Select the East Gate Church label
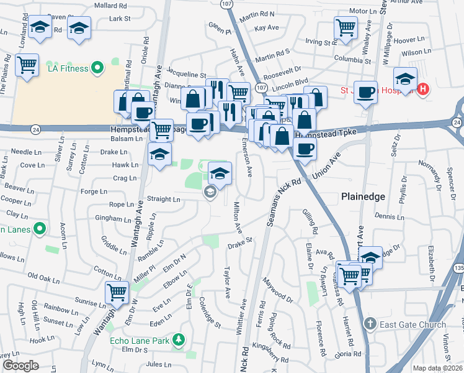[x=413, y=325]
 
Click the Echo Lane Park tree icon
[x=179, y=340]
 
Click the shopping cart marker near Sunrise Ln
[x=117, y=292]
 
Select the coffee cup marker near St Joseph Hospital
[x=365, y=91]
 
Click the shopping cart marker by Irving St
[x=346, y=26]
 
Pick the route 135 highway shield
[x=458, y=267]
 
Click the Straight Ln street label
[x=163, y=200]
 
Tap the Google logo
[x=20, y=366]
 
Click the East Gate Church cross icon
[x=370, y=324]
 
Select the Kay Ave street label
[x=267, y=28]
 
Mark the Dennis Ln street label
[x=389, y=217]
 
